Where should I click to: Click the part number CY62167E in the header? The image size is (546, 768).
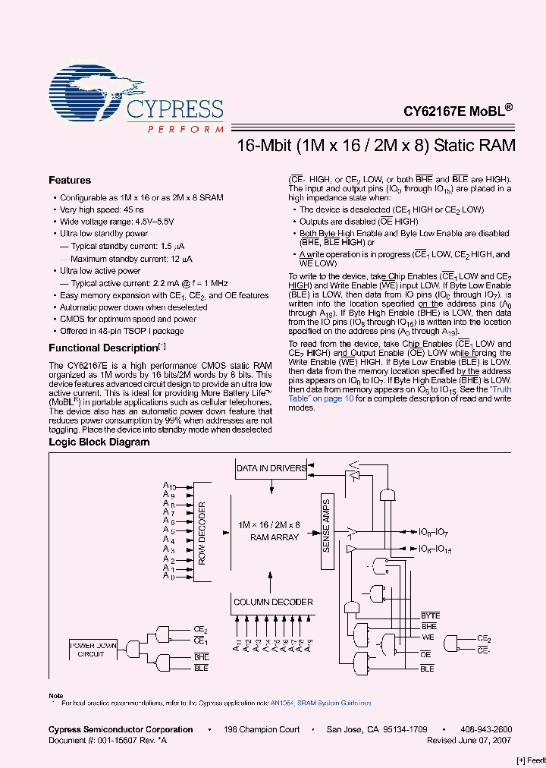click(434, 110)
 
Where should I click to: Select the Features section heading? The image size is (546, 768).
click(70, 181)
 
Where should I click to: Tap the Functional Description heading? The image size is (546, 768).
click(102, 348)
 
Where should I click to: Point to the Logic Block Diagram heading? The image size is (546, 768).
click(99, 442)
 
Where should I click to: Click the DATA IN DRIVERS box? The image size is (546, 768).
click(271, 468)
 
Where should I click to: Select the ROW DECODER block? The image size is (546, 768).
click(202, 531)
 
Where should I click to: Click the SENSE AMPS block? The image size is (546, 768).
click(326, 524)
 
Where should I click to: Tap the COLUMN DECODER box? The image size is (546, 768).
click(272, 602)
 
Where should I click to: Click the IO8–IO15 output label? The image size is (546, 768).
click(435, 548)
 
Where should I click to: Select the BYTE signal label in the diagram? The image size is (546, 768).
click(430, 615)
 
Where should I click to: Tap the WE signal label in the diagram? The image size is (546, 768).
click(428, 638)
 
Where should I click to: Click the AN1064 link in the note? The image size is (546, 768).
click(282, 703)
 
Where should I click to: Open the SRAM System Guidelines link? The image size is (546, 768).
click(334, 703)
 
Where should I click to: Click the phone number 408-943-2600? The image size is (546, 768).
click(486, 729)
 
